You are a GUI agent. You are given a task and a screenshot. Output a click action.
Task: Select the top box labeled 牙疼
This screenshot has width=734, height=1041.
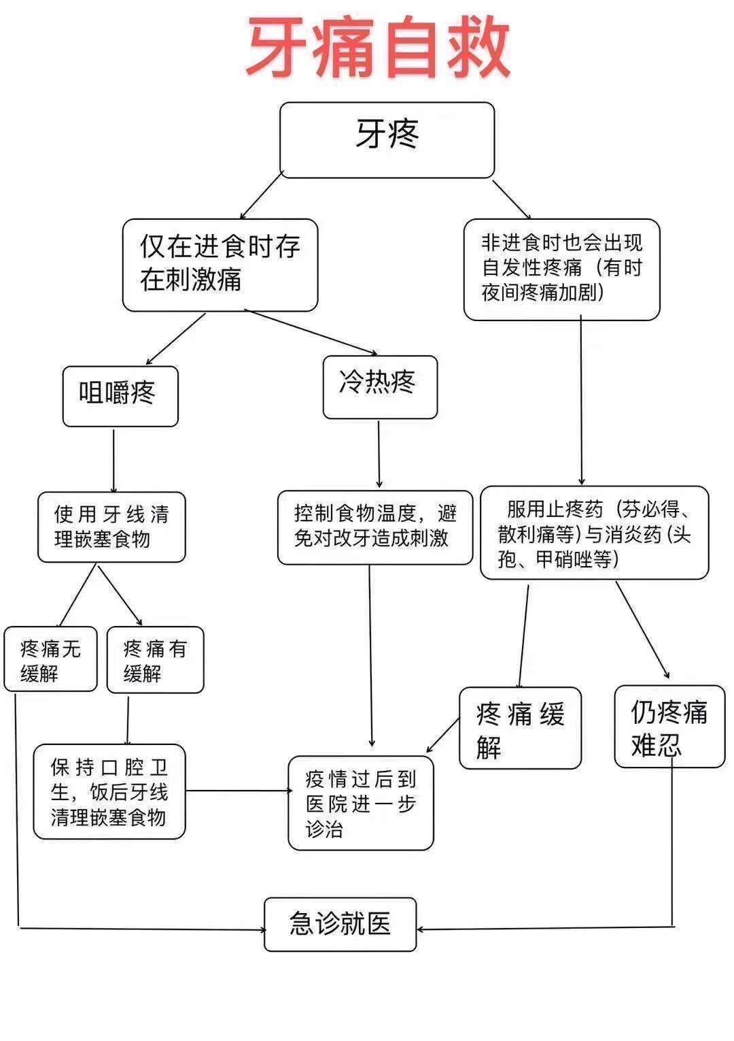pos(387,139)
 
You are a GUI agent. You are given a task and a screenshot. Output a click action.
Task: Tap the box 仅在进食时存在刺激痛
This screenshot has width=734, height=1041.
pos(220,265)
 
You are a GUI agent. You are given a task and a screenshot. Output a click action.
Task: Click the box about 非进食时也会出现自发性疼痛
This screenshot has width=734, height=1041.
pos(561,269)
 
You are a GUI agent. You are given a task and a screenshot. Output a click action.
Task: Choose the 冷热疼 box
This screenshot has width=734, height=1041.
pos(380,386)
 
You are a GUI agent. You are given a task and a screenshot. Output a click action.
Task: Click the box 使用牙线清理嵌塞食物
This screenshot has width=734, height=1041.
pos(111,527)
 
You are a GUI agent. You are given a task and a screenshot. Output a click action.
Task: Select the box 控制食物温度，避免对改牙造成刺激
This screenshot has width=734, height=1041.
pos(374,527)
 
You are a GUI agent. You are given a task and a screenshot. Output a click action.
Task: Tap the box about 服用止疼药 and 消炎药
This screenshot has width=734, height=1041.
pos(594,533)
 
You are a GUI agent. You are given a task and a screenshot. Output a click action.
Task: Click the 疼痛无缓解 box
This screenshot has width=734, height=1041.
pos(50,659)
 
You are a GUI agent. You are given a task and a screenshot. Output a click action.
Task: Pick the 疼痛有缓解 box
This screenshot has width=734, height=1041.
pos(155,659)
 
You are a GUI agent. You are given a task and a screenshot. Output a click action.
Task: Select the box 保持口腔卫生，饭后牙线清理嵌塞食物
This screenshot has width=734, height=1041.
pos(109,791)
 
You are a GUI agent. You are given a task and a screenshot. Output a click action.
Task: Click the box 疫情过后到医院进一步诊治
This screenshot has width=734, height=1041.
pos(360,803)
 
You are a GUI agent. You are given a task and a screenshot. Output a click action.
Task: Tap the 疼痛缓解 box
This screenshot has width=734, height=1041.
pos(520,728)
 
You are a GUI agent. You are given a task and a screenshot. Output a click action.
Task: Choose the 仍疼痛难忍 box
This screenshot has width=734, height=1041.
pos(669,727)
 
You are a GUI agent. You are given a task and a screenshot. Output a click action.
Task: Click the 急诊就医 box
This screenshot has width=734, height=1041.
pos(340,924)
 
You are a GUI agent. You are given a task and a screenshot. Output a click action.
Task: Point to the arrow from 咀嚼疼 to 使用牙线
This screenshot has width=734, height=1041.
pos(113,459)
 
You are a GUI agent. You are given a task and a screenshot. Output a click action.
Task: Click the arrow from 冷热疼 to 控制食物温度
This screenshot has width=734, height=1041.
pos(379,455)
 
